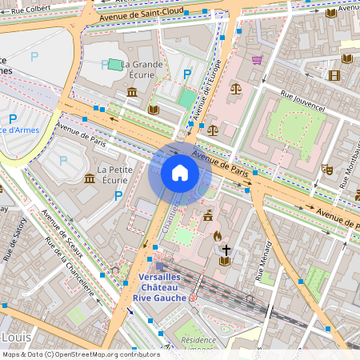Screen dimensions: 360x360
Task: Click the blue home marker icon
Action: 180,173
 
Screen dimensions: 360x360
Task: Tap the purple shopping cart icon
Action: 257,59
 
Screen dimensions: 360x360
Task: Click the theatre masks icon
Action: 326,170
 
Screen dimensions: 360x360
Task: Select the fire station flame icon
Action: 217,236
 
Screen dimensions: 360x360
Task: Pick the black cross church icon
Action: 226,250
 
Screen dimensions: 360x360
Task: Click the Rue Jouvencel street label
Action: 302,100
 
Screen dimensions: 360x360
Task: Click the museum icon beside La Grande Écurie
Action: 131,93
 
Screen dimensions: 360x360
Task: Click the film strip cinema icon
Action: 334,76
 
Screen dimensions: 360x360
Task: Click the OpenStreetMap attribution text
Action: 81,354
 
